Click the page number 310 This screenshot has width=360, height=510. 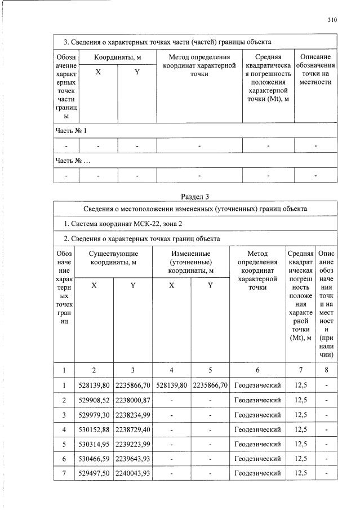pyautogui.click(x=332, y=20)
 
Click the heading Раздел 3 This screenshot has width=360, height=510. pyautogui.click(x=194, y=197)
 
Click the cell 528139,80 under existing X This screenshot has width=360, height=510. pyautogui.click(x=94, y=385)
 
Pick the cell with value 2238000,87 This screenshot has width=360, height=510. pyautogui.click(x=132, y=400)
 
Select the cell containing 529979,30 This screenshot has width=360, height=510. pyautogui.click(x=94, y=415)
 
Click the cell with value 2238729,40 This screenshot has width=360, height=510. pyautogui.click(x=132, y=429)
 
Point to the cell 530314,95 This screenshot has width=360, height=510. pyautogui.click(x=94, y=444)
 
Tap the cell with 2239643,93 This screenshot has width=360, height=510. pyautogui.click(x=132, y=459)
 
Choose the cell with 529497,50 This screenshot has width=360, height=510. pyautogui.click(x=94, y=473)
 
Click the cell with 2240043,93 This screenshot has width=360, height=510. pyautogui.click(x=132, y=473)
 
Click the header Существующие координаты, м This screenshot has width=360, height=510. pyautogui.click(x=113, y=259)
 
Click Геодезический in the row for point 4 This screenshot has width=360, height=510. pyautogui.click(x=257, y=429)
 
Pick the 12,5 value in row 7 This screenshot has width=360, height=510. pyautogui.click(x=301, y=473)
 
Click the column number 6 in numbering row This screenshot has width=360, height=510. pyautogui.click(x=257, y=370)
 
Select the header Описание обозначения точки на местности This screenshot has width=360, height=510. pyautogui.click(x=315, y=70)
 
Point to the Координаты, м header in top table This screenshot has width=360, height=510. pyautogui.click(x=117, y=57)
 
